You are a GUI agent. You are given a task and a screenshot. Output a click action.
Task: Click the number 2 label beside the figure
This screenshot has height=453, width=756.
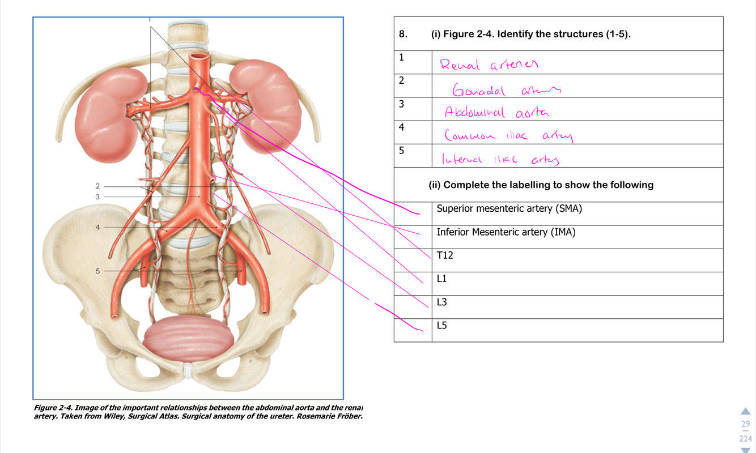coord(97,186)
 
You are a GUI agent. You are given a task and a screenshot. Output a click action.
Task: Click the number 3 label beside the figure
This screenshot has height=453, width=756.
coord(97,196)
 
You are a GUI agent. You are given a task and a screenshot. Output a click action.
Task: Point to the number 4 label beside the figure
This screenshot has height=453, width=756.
coord(97,227)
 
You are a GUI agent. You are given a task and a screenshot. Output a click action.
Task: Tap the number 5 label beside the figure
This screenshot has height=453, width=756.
coord(97,271)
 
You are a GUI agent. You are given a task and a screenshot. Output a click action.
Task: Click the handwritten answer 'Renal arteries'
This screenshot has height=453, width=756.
coord(489,65)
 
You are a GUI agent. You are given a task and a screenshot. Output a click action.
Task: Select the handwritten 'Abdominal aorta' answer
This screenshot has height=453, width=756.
coord(497,112)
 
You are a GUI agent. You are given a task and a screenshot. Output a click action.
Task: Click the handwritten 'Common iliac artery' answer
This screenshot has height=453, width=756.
coord(508,136)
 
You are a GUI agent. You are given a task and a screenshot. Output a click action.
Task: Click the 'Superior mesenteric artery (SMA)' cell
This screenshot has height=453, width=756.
coord(509,208)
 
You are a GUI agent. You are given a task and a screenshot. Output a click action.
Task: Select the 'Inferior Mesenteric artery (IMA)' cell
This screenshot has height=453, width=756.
coord(506,232)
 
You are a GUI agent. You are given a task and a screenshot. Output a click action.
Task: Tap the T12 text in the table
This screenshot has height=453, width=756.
coord(445,255)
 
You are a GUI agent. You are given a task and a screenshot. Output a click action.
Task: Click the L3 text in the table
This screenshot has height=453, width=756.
coord(441,302)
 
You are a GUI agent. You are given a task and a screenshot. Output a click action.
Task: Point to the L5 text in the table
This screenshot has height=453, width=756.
coord(441,326)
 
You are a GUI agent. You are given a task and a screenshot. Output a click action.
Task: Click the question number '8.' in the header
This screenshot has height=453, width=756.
coord(403,34)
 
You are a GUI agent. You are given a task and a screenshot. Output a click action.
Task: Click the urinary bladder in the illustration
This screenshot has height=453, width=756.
coord(188,341)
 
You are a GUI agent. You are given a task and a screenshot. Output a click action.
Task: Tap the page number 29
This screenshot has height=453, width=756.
coord(745,424)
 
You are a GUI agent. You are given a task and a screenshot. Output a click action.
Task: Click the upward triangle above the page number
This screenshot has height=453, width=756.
coord(745,411)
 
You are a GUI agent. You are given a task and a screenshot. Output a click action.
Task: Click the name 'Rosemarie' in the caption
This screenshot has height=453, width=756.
coord(315,417)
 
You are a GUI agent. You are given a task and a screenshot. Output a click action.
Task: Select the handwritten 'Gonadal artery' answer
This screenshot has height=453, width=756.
coord(506,89)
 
